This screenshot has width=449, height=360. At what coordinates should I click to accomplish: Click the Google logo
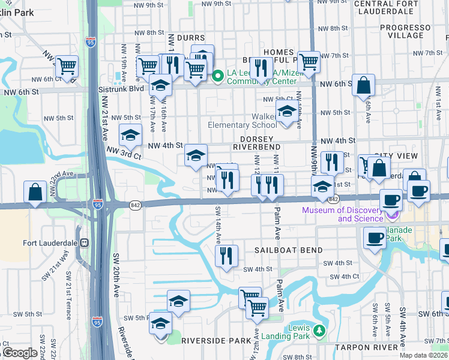pyautogui.click(x=20, y=353)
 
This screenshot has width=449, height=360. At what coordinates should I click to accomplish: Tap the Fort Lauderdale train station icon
pyautogui.click(x=85, y=243)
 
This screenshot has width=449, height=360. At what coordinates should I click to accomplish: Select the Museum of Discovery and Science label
pyautogui.click(x=342, y=214)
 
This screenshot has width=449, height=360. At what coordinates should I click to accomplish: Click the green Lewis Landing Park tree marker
pyautogui.click(x=319, y=331)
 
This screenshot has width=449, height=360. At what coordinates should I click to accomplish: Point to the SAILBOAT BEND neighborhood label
pyautogui.click(x=288, y=250)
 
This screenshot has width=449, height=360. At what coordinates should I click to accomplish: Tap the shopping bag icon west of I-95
pyautogui.click(x=35, y=193)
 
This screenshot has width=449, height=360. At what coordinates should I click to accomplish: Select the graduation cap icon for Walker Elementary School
pyautogui.click(x=287, y=112)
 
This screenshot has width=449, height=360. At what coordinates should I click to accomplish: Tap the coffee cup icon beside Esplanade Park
pyautogui.click(x=375, y=238)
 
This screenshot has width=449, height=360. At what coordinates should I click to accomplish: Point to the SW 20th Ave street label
pyautogui.click(x=115, y=275)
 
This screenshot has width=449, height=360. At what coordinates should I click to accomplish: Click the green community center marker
pyautogui.click(x=218, y=76)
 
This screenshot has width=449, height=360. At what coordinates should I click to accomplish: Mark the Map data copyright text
pyautogui.click(x=424, y=355)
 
